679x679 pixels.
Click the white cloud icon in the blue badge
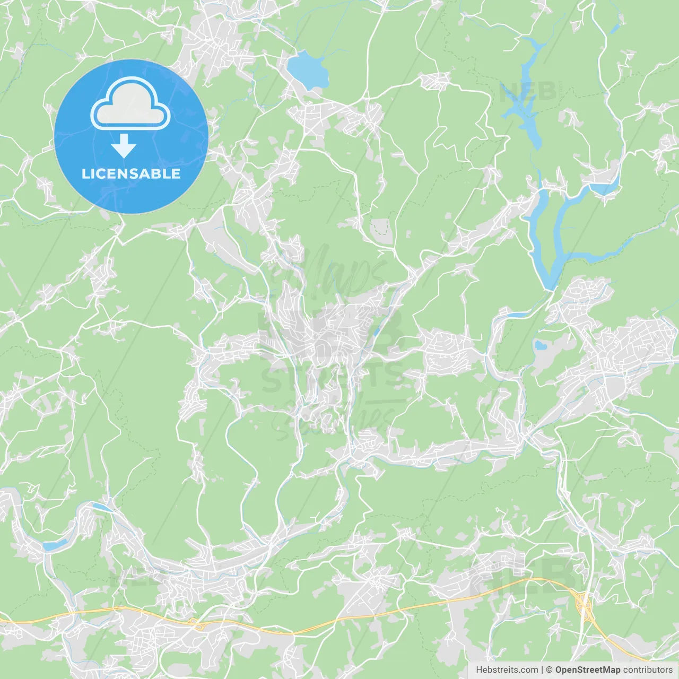coord(130,104)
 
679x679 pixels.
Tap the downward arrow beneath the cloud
coord(124,146)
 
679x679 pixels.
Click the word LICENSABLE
coord(131,173)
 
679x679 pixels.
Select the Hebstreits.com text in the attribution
coord(507,670)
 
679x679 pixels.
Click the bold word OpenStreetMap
coord(587,670)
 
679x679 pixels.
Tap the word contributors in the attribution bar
coord(648,670)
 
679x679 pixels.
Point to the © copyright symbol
coord(549,670)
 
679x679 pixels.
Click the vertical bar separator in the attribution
coord(542,670)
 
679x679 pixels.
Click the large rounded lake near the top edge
coord(307,69)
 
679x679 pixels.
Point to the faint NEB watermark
coord(528,91)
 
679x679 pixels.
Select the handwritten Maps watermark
coord(339,271)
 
